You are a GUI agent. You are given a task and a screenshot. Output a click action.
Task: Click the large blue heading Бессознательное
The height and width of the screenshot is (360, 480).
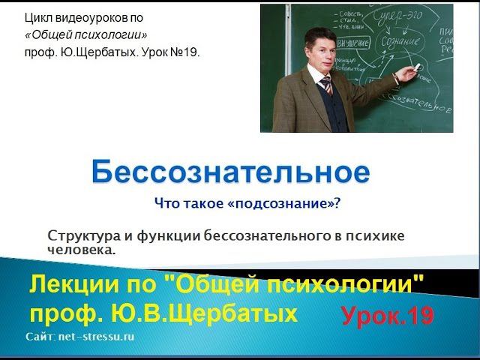[230, 172]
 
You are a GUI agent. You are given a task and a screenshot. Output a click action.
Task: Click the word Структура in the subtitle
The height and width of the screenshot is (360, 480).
[79, 235]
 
